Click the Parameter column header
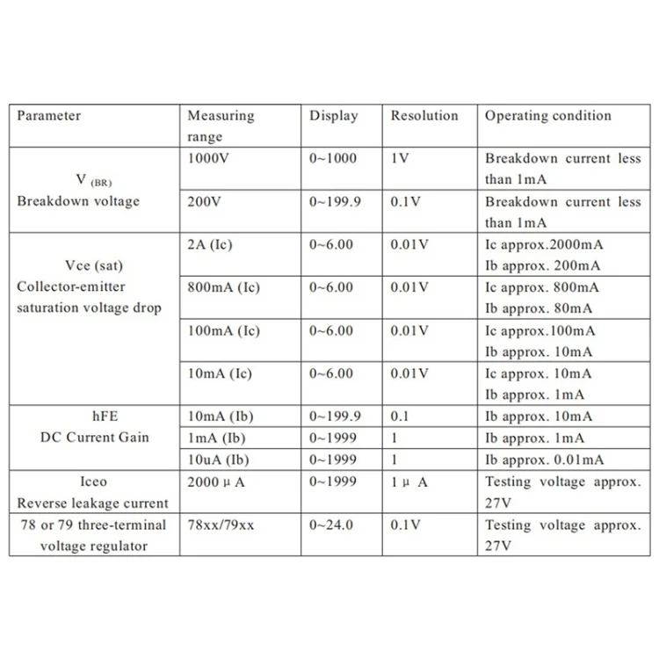49,115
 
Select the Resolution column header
424,115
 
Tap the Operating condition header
548,115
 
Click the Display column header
333,115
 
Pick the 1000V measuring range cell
209,159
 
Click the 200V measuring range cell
205,201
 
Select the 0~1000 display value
333,159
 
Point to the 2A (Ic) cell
211,244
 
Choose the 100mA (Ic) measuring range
224,330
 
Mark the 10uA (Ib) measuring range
218,459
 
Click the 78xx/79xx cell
221,525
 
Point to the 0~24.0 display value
330,525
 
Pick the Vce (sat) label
92,265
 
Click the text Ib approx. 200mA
543,265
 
